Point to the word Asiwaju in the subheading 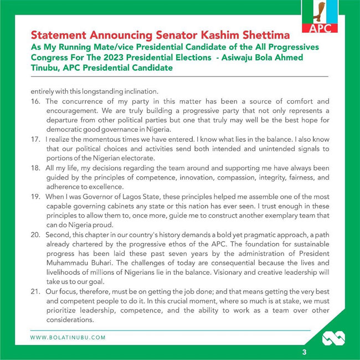207,57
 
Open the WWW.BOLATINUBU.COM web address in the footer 68,337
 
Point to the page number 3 304,352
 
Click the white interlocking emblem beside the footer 333,337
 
